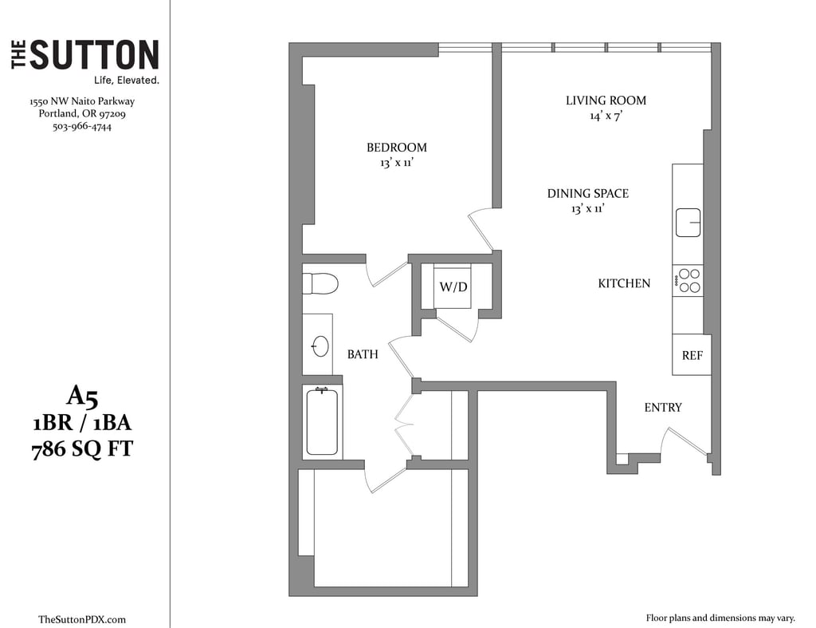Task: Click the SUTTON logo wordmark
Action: click(x=84, y=54)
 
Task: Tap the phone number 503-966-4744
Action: click(x=82, y=127)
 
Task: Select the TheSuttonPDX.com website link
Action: click(x=82, y=620)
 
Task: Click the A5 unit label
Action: click(x=82, y=397)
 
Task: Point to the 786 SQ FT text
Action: click(x=82, y=449)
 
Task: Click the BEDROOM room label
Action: click(x=397, y=148)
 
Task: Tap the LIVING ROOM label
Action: click(x=606, y=101)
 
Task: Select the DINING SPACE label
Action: click(x=588, y=193)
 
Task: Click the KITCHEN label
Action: click(x=624, y=283)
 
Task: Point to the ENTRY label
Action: click(x=663, y=408)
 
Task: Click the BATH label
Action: click(x=363, y=354)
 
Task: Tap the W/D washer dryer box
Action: click(x=453, y=286)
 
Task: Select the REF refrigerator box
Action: click(x=692, y=354)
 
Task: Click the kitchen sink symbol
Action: click(x=688, y=223)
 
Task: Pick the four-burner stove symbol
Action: click(x=688, y=281)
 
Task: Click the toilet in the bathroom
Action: click(x=320, y=284)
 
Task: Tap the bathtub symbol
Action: click(x=322, y=422)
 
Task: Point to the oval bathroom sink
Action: click(x=320, y=346)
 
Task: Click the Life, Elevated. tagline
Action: click(x=127, y=81)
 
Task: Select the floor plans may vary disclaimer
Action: click(x=720, y=618)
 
